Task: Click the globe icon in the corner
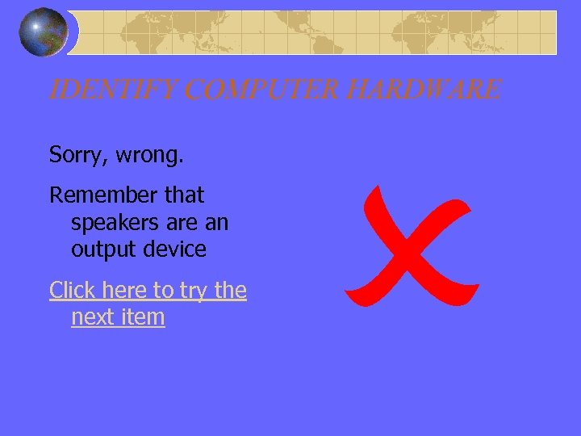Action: (44, 32)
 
